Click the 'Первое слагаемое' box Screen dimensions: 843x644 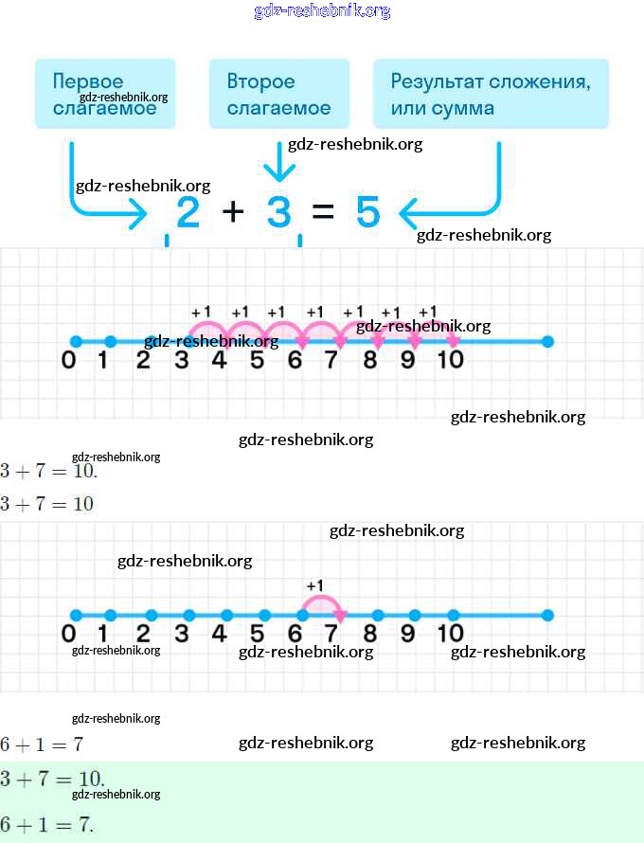click(105, 94)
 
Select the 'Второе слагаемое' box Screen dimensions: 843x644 click(278, 94)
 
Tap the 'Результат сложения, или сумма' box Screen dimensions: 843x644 click(491, 94)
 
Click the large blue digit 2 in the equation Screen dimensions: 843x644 click(188, 213)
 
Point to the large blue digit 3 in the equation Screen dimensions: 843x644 click(278, 213)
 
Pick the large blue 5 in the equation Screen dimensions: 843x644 click(367, 213)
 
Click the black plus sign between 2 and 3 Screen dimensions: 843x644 click(233, 211)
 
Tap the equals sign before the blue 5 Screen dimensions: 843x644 click(323, 212)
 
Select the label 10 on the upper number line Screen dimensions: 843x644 click(450, 361)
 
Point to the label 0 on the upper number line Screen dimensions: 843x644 click(68, 361)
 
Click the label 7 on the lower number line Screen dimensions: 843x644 click(331, 634)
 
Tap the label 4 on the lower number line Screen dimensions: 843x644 click(220, 634)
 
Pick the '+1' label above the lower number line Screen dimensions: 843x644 click(314, 585)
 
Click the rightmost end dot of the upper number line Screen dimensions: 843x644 click(547, 342)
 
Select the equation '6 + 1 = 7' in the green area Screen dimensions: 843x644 click(47, 824)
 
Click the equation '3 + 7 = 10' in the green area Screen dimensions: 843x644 click(53, 780)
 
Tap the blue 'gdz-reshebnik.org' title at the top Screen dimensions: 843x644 click(322, 11)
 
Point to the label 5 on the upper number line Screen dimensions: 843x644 click(257, 361)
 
